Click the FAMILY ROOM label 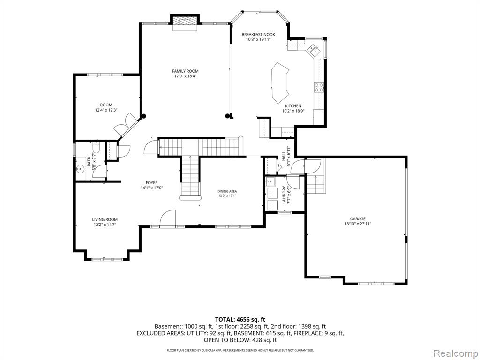(x=185, y=71)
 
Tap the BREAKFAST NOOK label (x=258, y=35)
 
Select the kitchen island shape (x=280, y=82)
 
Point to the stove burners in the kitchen (x=318, y=88)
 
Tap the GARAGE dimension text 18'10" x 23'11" (x=358, y=224)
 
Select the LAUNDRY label (x=284, y=195)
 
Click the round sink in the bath (x=81, y=168)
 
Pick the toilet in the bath (x=96, y=148)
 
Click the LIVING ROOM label (x=105, y=219)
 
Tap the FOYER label (x=151, y=183)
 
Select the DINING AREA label (x=227, y=191)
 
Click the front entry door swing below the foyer (x=168, y=218)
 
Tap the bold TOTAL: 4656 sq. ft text (x=240, y=320)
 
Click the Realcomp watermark (x=456, y=353)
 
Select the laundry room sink (x=270, y=182)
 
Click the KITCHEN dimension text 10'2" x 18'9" (x=293, y=111)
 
